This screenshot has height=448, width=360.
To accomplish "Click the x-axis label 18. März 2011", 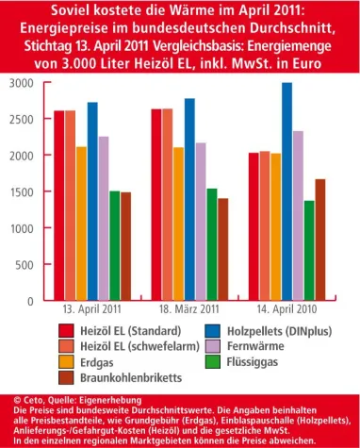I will pos(189,309).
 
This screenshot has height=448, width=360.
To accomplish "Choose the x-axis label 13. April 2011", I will pos(92,309).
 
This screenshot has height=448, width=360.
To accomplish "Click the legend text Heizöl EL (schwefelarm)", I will pos(134,346).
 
